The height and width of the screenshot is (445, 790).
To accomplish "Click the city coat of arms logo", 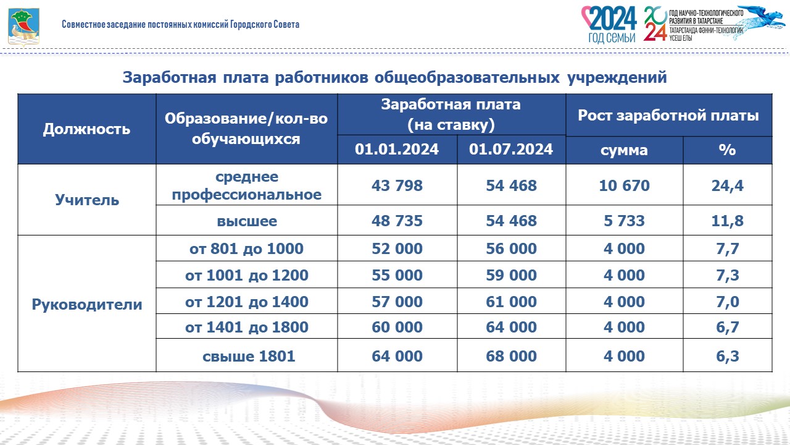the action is tap(23, 27).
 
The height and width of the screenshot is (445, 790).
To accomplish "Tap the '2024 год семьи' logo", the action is tap(609, 24).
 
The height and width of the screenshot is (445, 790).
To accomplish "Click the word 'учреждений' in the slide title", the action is tap(617, 77).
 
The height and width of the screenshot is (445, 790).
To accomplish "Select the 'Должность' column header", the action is tap(87, 129).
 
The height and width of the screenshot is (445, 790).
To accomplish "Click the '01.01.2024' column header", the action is tap(397, 149).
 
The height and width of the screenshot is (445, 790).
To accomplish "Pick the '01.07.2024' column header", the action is tap(511, 149).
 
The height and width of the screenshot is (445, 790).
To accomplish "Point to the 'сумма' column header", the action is tap(624, 150).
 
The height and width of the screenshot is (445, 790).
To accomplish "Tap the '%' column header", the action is tap(727, 150).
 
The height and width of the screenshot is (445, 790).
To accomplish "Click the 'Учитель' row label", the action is tap(87, 200).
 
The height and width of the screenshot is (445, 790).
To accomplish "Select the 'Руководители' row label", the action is tap(87, 304).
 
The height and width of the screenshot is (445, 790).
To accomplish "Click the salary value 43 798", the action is tap(397, 185).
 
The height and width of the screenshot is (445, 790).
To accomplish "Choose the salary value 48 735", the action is tap(397, 221).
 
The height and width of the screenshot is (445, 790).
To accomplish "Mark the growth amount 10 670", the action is tap(624, 185).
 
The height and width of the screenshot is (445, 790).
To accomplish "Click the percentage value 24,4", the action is tap(728, 186).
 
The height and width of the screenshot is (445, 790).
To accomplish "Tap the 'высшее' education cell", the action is tap(247, 221).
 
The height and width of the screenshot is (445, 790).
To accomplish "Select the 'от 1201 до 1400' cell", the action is tap(247, 302).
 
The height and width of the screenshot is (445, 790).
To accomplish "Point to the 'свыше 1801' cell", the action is tap(249, 356).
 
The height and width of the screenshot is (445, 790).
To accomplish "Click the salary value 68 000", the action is tap(512, 356).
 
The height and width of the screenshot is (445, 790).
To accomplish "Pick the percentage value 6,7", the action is tap(728, 328).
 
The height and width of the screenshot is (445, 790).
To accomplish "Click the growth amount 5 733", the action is tap(624, 221).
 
